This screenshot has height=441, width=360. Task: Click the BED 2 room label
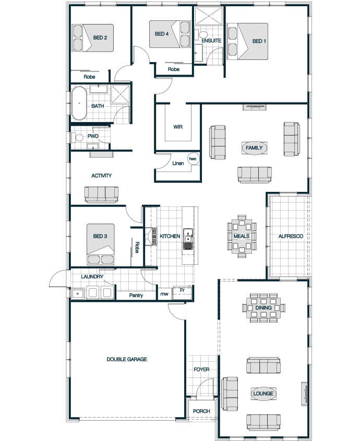point(100,38)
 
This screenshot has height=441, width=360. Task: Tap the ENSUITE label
point(211,41)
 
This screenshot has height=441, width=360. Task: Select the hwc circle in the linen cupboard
point(193,159)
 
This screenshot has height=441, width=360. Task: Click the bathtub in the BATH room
point(79,103)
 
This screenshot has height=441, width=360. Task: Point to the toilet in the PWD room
point(77,138)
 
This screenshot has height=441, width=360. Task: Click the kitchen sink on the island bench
point(188,239)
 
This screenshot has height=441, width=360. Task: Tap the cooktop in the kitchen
point(154,236)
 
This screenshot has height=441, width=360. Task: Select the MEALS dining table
point(242,236)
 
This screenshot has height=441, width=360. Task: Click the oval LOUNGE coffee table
point(263,394)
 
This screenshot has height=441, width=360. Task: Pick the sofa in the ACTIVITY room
point(101,194)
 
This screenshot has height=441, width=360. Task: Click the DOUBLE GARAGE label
point(127,359)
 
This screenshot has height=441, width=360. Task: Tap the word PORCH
point(201,411)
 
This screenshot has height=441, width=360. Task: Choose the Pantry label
point(136,296)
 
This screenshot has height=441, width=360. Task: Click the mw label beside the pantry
point(164,294)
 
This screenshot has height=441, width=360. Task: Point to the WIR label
point(178,127)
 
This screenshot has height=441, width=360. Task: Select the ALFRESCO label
point(291,236)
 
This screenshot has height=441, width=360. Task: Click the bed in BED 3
point(101,244)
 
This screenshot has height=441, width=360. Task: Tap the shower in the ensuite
point(209,16)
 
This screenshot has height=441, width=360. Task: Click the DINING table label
point(263,308)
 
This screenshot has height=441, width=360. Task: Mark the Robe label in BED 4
point(174,69)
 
